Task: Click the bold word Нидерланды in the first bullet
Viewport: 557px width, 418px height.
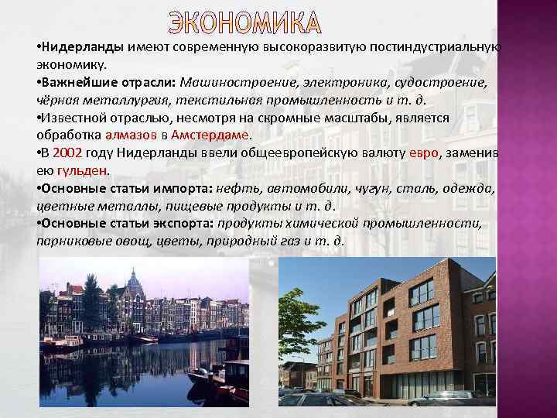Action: (84, 48)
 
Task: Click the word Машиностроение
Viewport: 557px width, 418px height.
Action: (235, 83)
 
